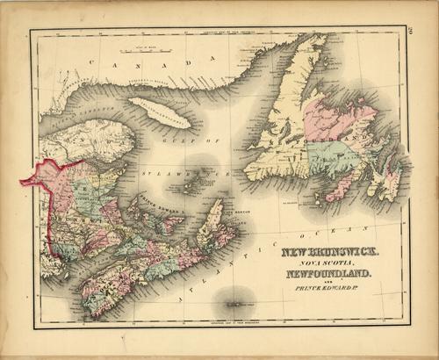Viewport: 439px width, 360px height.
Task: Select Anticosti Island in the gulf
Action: click(x=159, y=112)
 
